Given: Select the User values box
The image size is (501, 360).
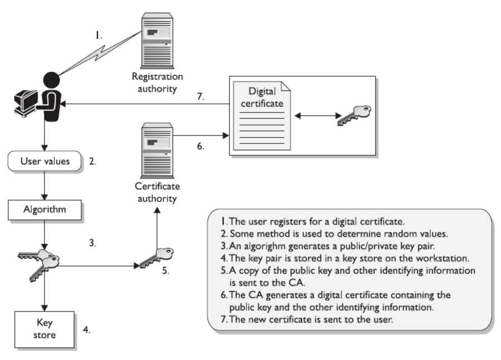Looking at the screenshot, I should [x=45, y=162].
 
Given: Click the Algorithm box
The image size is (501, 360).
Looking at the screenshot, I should [x=45, y=210].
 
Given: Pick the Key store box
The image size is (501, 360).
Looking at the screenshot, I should [x=45, y=328].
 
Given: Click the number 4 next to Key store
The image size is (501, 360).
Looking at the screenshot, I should [x=86, y=329].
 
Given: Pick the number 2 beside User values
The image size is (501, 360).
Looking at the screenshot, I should [x=93, y=162].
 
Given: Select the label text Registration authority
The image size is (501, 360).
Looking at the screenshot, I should [x=157, y=82].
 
